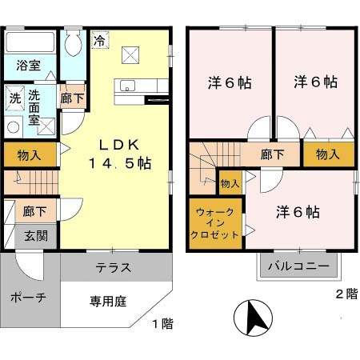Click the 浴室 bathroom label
click(x=29, y=65)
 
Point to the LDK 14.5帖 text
click(x=119, y=152)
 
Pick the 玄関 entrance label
click(x=34, y=236)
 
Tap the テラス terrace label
click(x=114, y=267)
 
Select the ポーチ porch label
click(x=29, y=297)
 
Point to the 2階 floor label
click(x=346, y=294)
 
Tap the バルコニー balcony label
click(x=298, y=266)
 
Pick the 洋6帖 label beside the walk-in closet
click(x=298, y=212)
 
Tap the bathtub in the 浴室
click(x=30, y=43)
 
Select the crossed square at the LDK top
click(x=130, y=54)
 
